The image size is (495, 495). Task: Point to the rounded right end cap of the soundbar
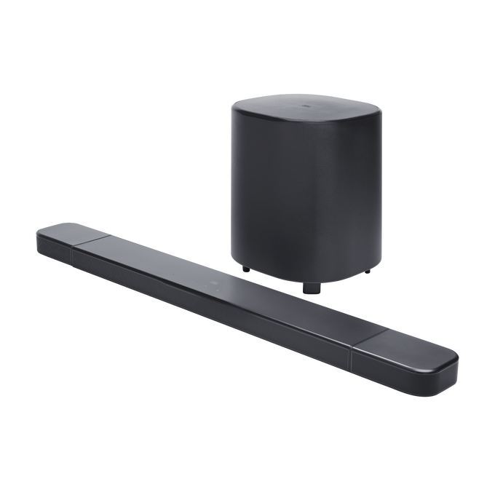pyautogui.click(x=457, y=368)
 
